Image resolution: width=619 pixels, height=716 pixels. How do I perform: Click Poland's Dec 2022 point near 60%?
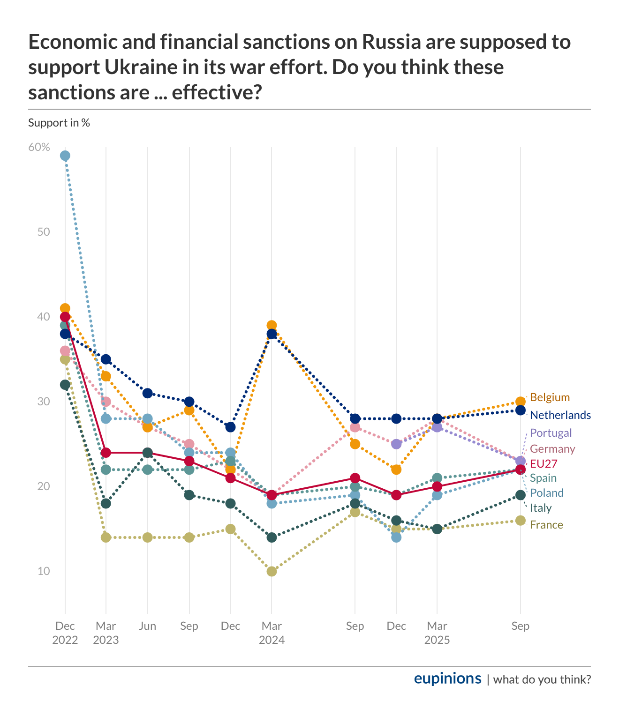65,156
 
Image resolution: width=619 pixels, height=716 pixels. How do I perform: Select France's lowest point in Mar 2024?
272,571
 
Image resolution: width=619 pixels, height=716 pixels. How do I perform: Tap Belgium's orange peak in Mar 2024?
272,325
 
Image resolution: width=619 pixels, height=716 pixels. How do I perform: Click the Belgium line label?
550,397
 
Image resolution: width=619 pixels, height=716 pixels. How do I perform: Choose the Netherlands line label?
560,415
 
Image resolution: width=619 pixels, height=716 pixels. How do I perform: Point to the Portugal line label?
551,433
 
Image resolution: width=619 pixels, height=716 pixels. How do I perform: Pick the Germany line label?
552,449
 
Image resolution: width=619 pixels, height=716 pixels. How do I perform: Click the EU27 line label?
544,464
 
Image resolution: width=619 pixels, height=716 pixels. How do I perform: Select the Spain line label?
543,478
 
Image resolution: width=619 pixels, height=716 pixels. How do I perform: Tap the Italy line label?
541,508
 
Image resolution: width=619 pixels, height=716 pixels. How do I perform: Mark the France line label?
546,525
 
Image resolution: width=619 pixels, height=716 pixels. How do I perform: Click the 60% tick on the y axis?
39,147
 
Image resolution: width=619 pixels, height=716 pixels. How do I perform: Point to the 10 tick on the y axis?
44,571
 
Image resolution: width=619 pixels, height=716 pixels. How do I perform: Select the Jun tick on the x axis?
148,626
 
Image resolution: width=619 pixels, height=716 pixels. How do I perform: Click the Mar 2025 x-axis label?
437,633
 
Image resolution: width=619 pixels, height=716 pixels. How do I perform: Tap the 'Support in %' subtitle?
59,123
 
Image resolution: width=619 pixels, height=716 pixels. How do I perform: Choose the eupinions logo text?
447,679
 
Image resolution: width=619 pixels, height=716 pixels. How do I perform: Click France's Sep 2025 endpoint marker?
520,521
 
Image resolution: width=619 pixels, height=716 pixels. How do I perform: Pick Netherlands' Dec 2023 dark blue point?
230,427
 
